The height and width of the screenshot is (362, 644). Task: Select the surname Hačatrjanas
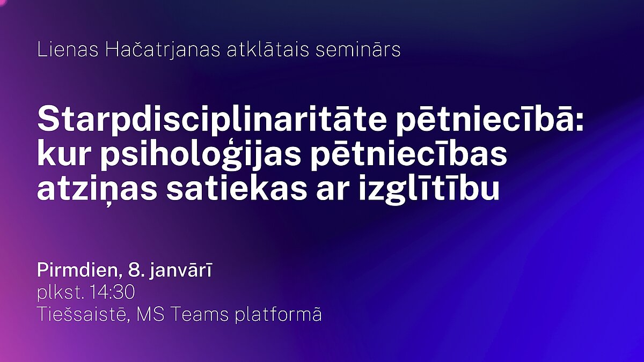[163, 50]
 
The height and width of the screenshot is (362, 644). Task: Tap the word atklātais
[268, 49]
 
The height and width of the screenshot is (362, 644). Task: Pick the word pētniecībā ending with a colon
[491, 120]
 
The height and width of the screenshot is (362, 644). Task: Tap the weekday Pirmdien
[78, 270]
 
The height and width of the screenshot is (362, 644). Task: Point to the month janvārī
[181, 271]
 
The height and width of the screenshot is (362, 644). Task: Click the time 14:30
[113, 292]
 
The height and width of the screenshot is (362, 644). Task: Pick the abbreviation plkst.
[61, 293]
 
